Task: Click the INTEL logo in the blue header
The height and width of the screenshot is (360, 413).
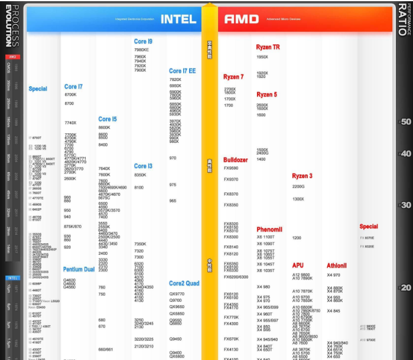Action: point(178,19)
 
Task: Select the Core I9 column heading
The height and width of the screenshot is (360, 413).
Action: point(143,41)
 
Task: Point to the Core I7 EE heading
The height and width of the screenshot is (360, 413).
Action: point(182,71)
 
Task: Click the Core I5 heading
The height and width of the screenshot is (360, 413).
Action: point(108,119)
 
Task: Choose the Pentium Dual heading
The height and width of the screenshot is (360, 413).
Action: point(79,270)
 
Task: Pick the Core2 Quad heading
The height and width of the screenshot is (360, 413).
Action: point(184,284)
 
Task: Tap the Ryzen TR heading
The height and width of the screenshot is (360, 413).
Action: point(268,47)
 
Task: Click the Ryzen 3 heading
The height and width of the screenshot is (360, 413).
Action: point(302,176)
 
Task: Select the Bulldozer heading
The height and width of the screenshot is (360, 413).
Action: point(235,160)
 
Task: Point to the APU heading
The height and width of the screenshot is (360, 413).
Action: point(298,266)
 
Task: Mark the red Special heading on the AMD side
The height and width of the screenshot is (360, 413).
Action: point(368,227)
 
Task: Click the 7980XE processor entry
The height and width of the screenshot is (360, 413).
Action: point(142,50)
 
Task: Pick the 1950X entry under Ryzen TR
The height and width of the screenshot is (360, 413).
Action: point(262,57)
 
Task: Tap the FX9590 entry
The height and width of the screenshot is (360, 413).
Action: point(231,168)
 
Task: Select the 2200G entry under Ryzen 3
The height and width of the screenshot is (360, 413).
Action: point(298,186)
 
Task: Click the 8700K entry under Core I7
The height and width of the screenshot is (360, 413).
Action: point(70,94)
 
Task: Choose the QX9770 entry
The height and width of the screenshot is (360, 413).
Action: point(177,293)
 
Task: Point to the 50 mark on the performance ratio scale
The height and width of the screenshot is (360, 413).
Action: point(406,122)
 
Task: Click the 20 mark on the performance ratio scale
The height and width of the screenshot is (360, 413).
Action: point(406,288)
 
